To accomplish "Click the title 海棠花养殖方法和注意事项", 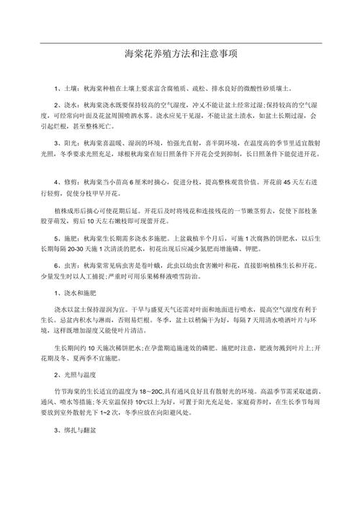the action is pos(181,54).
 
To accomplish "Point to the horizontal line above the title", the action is pos(180,42).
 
